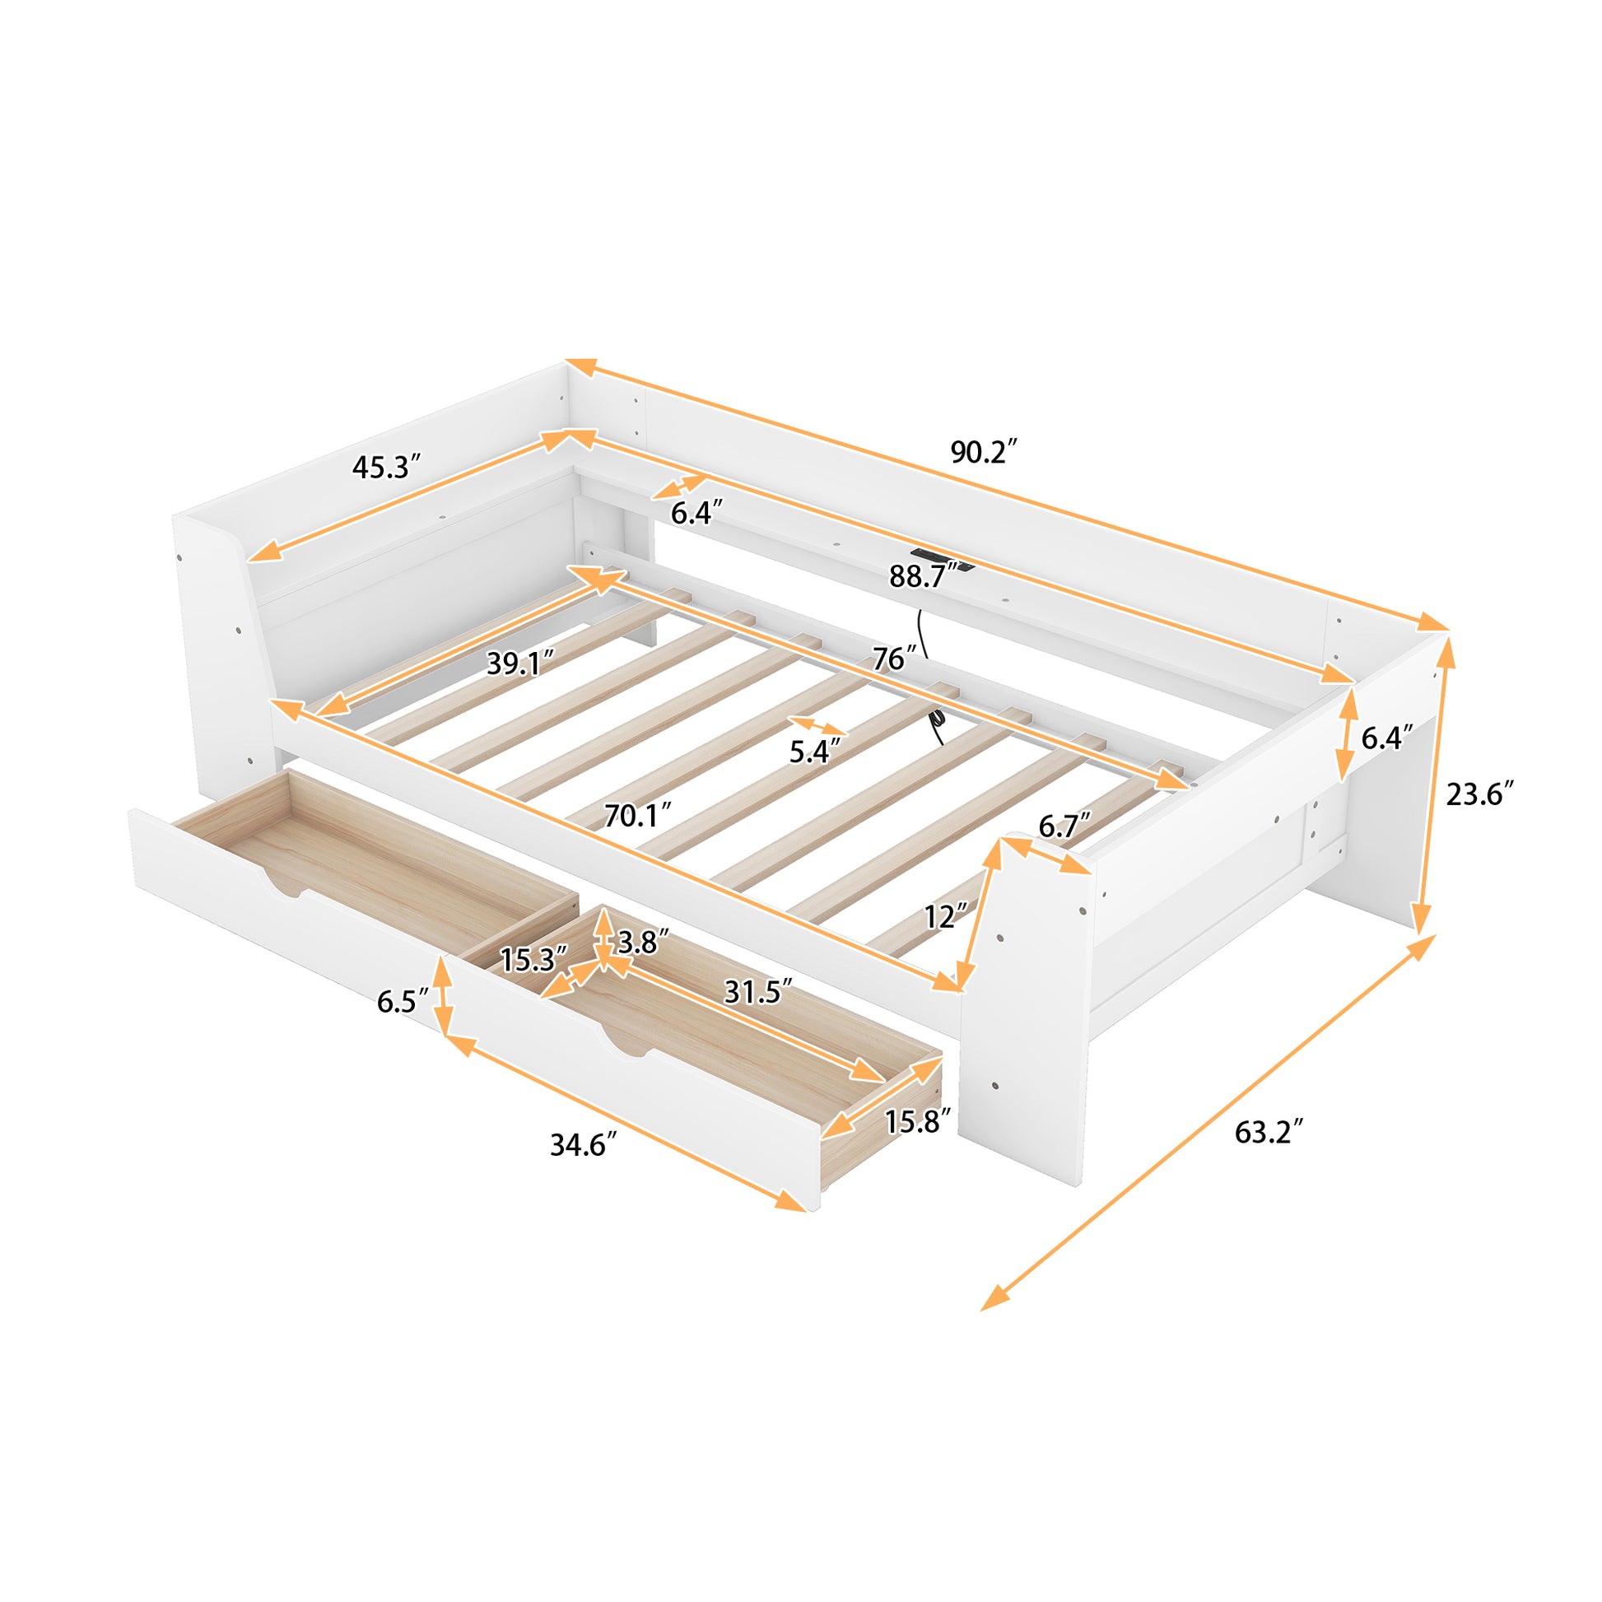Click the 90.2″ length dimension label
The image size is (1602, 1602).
point(983,453)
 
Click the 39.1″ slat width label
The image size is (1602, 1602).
point(520,663)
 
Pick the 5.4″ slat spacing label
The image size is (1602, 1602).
point(814,752)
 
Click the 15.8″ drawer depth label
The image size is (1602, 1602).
point(917,1122)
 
